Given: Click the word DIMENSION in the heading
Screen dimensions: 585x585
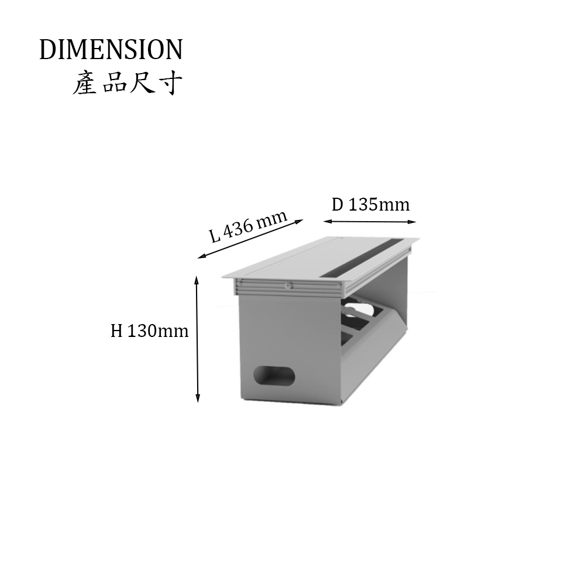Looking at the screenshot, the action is [x=111, y=49].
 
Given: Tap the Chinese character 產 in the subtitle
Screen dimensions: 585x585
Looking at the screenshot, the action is [x=85, y=83].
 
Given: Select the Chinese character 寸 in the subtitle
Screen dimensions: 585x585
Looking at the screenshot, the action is [x=171, y=83].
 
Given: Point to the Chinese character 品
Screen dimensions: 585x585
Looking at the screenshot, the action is [x=113, y=84].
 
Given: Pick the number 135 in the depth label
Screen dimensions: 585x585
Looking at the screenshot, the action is [x=362, y=204].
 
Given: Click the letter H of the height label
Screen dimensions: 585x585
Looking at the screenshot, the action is [x=117, y=331].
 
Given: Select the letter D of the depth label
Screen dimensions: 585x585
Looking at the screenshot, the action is [x=338, y=204].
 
